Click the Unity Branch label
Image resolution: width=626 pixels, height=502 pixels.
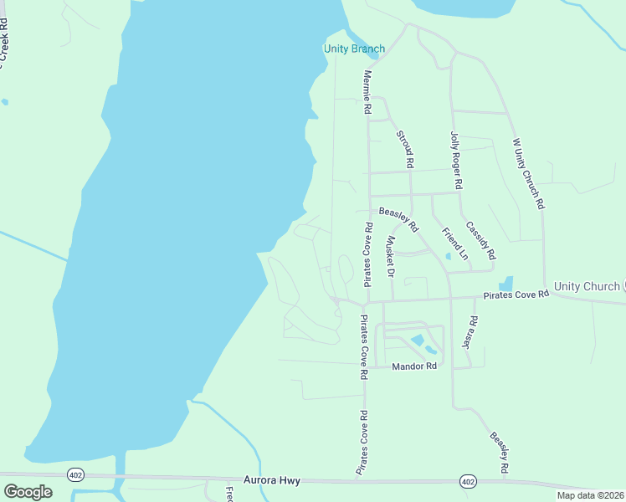pos(354,49)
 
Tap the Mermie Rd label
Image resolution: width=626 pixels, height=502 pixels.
pos(366,91)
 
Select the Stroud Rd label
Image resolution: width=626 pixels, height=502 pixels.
pos(405,146)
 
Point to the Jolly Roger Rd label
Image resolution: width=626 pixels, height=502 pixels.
pos(456,159)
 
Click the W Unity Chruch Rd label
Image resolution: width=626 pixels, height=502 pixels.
pos(529,173)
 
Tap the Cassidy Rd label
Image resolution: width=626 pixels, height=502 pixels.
pos(481,239)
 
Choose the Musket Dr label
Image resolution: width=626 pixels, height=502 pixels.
pos(389,256)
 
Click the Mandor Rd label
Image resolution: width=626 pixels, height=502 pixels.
pos(415,366)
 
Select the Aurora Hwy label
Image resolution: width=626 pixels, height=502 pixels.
pos(271,481)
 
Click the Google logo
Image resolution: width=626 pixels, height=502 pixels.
pos(28,491)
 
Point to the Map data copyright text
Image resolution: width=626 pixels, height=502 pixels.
pos(590,495)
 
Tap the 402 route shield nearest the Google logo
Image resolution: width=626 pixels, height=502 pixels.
pos(75,474)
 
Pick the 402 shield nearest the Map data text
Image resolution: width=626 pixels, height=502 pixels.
pos(468,481)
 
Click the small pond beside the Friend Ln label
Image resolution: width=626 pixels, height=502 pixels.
pos(449,256)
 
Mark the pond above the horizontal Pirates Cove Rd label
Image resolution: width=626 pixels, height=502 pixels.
pos(505,284)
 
